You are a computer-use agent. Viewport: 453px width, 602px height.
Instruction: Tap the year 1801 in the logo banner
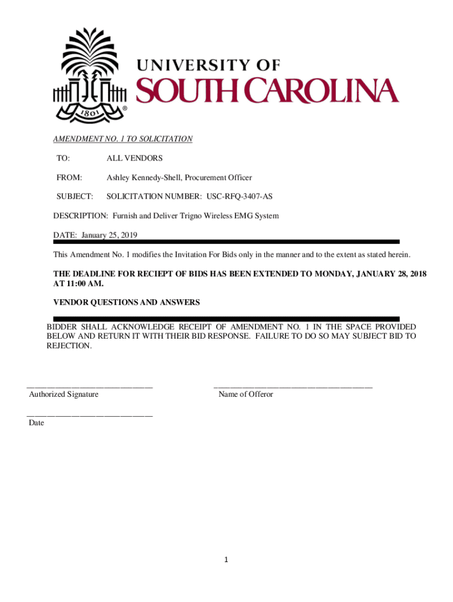pos(89,110)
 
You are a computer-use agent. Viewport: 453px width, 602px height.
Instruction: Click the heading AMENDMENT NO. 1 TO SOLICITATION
pos(123,139)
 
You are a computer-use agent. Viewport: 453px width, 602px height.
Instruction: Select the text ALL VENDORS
pos(134,159)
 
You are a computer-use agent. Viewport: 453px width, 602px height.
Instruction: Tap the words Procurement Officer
pos(221,178)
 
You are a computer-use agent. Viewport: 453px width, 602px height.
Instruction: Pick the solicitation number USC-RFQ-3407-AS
pos(239,196)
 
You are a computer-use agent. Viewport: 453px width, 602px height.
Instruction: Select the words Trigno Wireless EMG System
pos(230,216)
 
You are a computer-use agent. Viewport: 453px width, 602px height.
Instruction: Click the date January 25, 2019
pos(109,235)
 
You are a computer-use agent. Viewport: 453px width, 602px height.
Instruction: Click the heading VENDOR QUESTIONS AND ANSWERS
pos(126,303)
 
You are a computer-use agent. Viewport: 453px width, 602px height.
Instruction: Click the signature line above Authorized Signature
pos(90,387)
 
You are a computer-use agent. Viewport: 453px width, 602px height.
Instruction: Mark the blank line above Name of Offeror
pos(293,387)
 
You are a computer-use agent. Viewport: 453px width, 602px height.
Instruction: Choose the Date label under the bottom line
pos(36,423)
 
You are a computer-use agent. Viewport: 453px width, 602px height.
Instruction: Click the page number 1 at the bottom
pos(226,560)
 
